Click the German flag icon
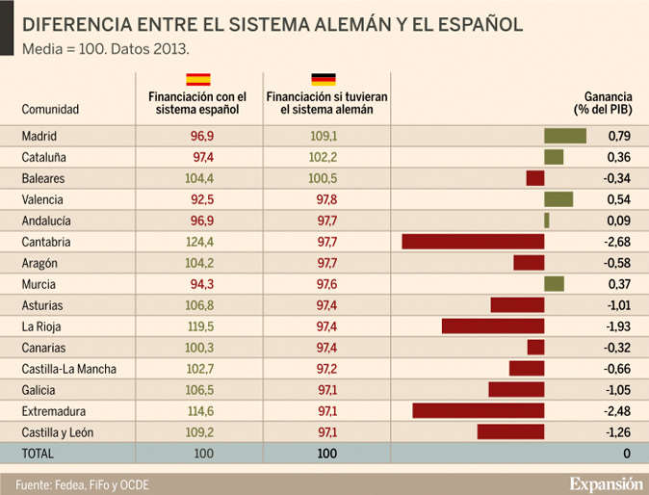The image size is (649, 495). (323, 80)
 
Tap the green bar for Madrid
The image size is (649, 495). (564, 136)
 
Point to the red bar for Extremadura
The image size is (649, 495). (478, 411)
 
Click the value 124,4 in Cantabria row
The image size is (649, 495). (201, 242)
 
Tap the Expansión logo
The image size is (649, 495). (604, 483)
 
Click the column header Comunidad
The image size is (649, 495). (50, 110)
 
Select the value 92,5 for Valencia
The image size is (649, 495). (201, 199)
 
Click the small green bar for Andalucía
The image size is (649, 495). (546, 221)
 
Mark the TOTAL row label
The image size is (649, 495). (39, 453)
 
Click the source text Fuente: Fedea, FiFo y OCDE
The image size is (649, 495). (82, 483)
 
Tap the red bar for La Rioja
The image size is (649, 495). (493, 326)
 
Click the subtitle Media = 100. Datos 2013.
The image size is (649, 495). (106, 47)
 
